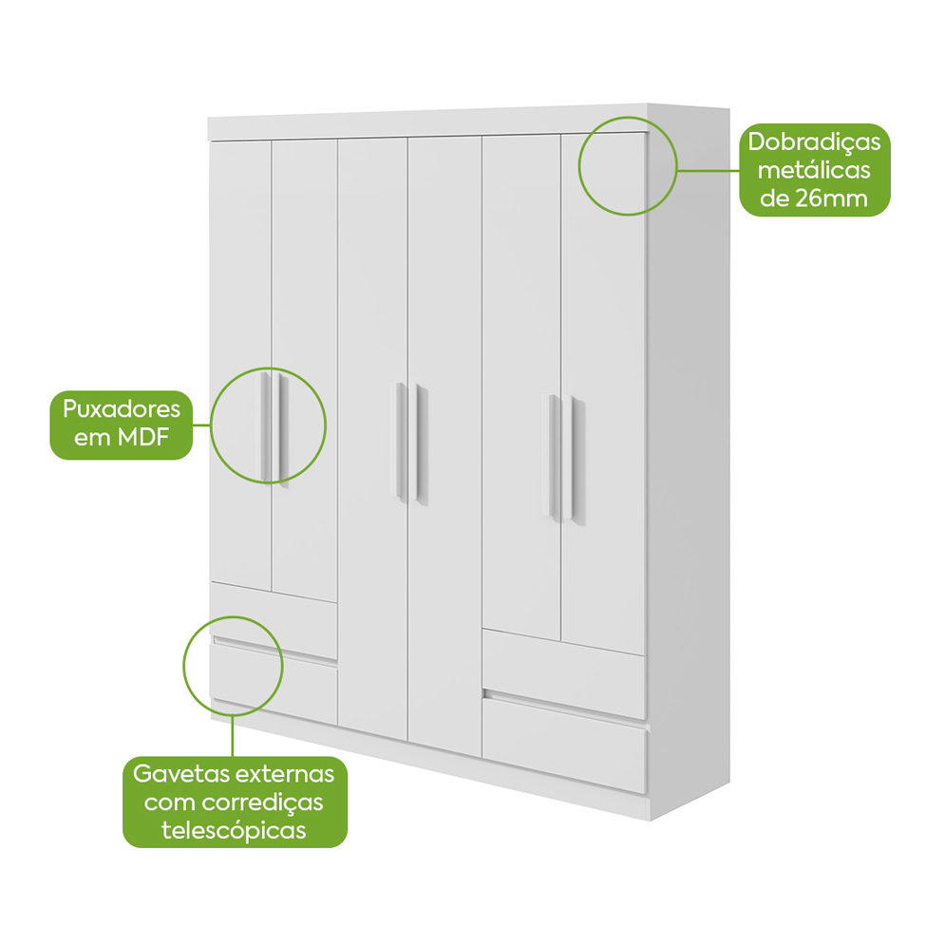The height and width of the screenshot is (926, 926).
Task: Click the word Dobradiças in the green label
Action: tap(814, 142)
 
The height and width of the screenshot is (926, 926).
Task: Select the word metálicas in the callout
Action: tap(814, 170)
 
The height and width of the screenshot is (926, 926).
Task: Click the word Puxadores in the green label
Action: tap(122, 409)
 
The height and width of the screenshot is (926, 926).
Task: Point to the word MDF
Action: tap(143, 437)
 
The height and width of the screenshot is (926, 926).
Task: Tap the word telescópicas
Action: tap(234, 830)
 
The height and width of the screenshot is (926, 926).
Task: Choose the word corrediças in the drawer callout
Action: tap(263, 802)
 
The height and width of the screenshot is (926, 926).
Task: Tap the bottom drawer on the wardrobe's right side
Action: tap(564, 744)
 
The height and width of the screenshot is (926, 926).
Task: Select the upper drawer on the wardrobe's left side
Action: tap(274, 620)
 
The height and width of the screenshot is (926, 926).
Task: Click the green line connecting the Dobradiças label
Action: tap(709, 171)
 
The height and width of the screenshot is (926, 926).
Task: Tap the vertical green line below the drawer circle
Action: tap(233, 736)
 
